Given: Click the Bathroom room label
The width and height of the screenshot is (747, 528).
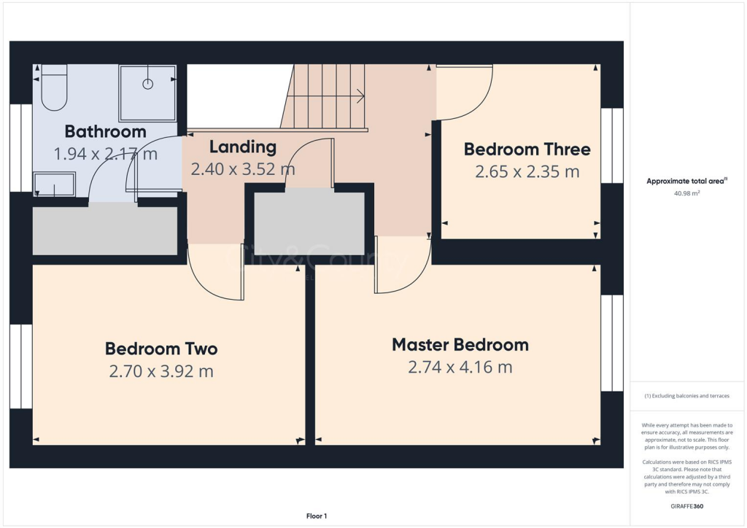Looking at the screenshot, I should click(x=105, y=132).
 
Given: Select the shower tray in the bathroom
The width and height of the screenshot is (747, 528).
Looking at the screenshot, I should click(x=147, y=93).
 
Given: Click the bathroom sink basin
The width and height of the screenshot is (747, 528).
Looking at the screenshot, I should click(x=55, y=185).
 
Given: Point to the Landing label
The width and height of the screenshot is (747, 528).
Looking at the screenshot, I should click(x=243, y=147).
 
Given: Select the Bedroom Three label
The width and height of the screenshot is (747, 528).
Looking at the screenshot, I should click(x=527, y=150).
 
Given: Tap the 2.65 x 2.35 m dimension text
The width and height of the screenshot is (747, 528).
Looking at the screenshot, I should click(x=527, y=172).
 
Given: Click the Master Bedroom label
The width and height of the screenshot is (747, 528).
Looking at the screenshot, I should click(x=460, y=344).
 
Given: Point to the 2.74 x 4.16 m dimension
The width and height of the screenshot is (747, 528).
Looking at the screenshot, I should click(x=460, y=367).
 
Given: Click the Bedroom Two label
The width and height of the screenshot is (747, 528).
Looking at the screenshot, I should click(x=161, y=349).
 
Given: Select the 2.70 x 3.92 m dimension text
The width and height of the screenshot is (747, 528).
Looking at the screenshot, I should click(x=161, y=371).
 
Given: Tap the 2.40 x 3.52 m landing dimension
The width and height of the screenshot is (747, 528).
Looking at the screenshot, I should click(x=243, y=169).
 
